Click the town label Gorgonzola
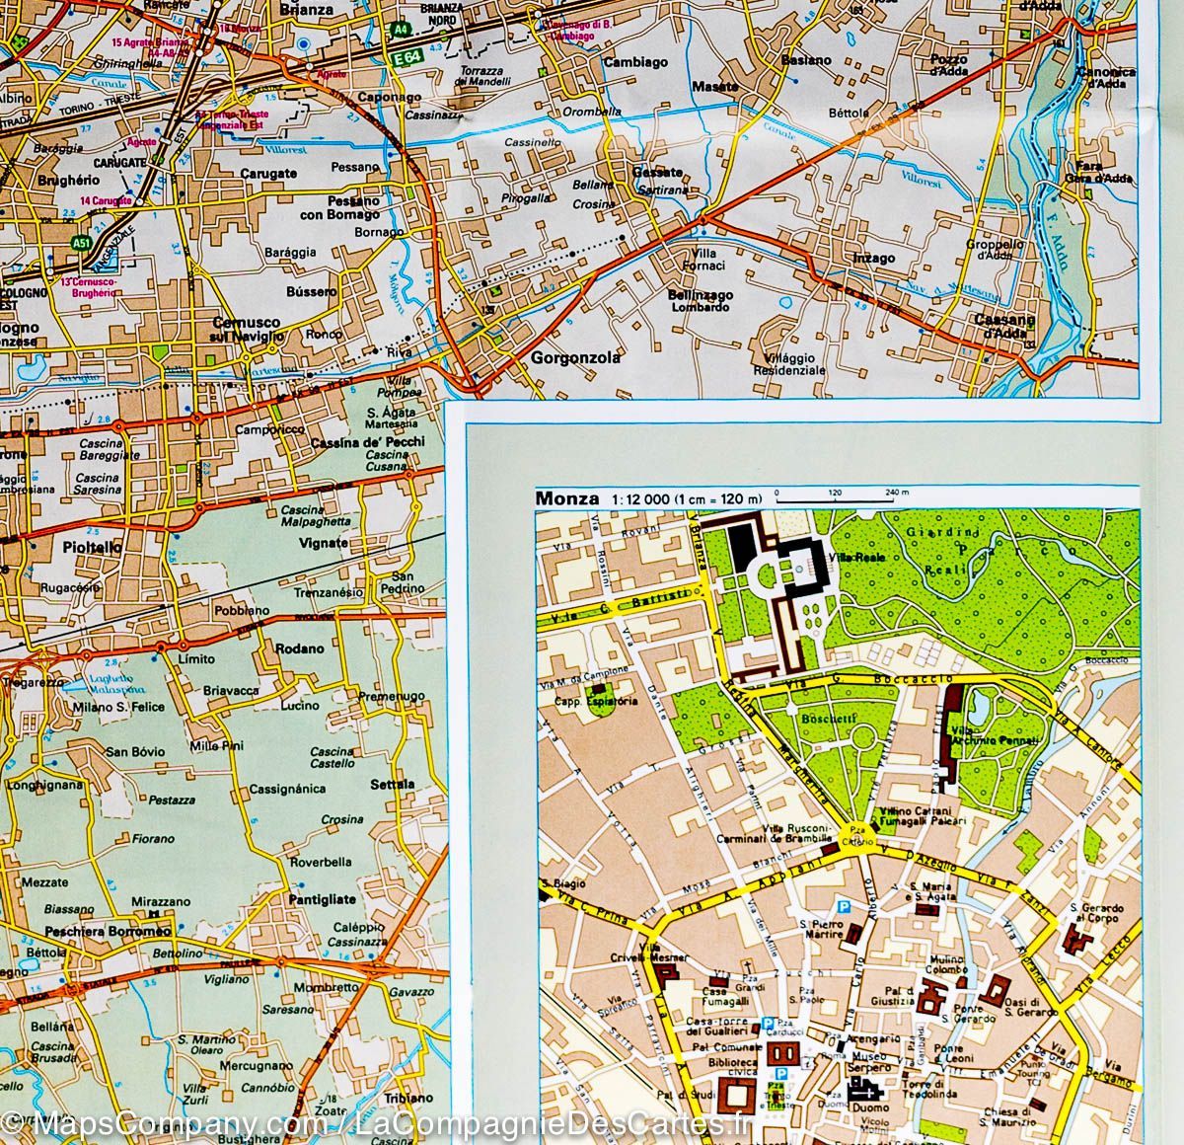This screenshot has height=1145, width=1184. coord(576,358)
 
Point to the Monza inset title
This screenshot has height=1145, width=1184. coord(566,498)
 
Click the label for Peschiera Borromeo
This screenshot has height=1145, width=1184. coord(109,931)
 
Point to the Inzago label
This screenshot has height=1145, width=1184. coord(872,259)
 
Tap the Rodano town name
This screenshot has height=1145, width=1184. coord(301,649)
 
